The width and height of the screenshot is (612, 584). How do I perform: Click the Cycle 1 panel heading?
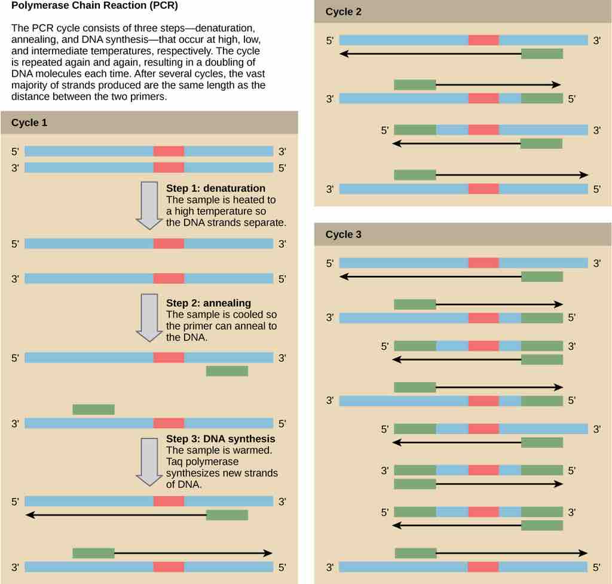(29, 123)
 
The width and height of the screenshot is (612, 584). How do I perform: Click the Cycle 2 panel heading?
(343, 12)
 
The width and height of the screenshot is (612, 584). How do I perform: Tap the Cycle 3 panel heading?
(343, 235)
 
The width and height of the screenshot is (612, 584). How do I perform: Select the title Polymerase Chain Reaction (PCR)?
(94, 6)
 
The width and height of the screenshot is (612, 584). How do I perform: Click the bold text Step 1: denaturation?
(215, 189)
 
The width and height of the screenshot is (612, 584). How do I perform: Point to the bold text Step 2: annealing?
(208, 303)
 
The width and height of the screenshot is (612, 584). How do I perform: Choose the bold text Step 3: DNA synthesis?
(221, 439)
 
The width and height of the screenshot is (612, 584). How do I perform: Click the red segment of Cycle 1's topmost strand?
(169, 152)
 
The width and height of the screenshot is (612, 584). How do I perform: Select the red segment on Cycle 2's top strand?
(483, 40)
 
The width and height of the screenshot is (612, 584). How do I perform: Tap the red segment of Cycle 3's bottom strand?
(483, 566)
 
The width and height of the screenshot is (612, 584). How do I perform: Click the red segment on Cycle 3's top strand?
(483, 263)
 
